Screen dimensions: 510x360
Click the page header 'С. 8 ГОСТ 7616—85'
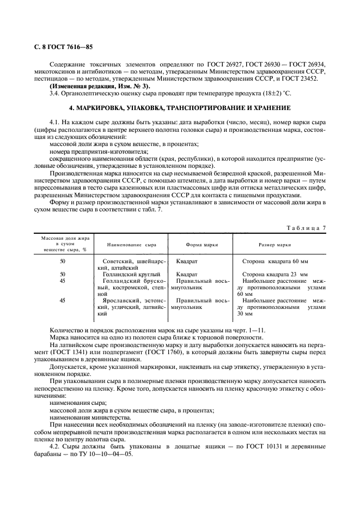[x=60, y=47]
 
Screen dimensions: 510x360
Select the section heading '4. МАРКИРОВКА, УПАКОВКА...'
[x=180, y=108]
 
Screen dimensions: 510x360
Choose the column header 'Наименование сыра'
[x=127, y=245]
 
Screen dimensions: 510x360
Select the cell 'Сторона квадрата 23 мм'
[x=275, y=274]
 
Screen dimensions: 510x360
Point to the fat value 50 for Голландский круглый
[x=63, y=274]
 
